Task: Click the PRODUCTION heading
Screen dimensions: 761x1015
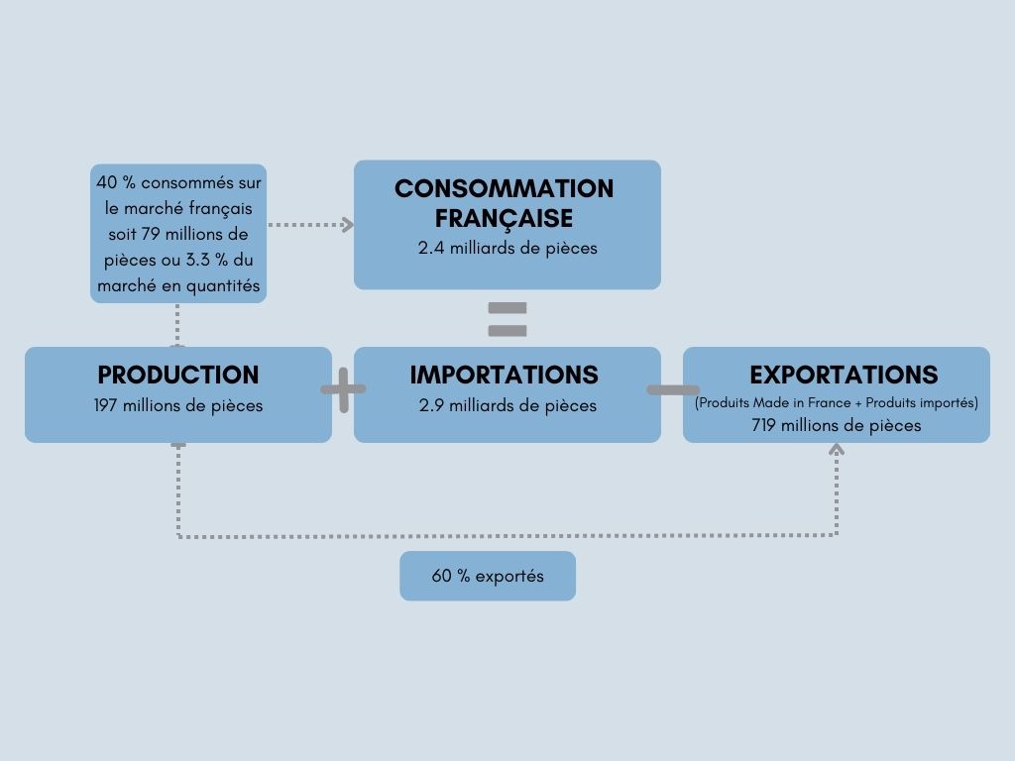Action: (x=177, y=376)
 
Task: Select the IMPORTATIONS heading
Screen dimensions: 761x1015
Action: (x=504, y=376)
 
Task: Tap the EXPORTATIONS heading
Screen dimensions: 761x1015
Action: (x=844, y=376)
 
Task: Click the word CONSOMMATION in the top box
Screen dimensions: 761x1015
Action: (x=504, y=189)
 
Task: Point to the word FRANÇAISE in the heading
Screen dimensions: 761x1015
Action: (x=504, y=217)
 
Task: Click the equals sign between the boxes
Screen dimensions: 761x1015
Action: (x=507, y=319)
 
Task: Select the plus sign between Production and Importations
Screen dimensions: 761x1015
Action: (x=343, y=389)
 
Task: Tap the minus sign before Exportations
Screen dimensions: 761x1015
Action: (x=672, y=389)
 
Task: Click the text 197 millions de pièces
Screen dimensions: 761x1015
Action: (x=178, y=405)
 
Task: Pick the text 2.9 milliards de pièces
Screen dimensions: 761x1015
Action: (x=507, y=405)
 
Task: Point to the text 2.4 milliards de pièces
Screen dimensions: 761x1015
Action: (x=507, y=248)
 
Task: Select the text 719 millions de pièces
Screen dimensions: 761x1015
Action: (x=837, y=425)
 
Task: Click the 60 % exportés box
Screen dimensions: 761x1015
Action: (x=488, y=576)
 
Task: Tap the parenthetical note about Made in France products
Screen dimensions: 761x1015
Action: (x=837, y=402)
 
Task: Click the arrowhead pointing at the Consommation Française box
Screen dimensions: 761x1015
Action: (x=347, y=225)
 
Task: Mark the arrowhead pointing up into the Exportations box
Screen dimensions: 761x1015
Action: (x=837, y=449)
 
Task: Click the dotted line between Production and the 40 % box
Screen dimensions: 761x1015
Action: (x=177, y=324)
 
